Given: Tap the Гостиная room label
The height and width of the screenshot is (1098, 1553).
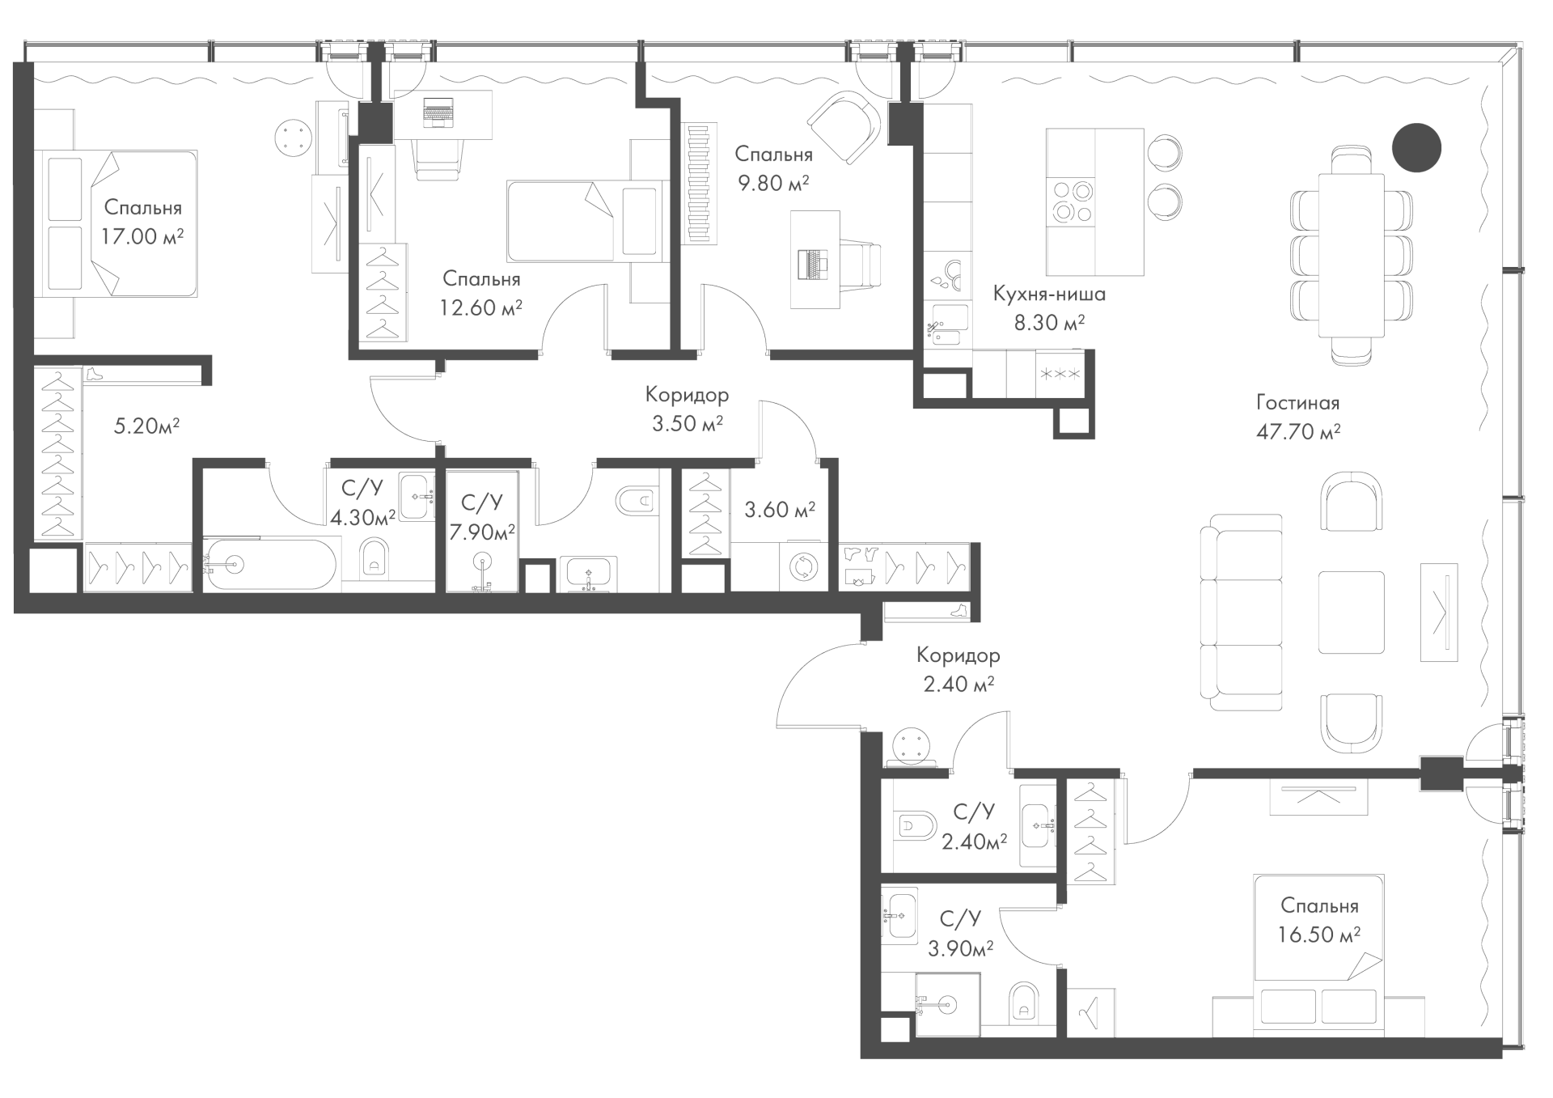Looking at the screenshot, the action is click(x=1298, y=402).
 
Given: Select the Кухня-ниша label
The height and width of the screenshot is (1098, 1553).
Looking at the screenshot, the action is click(x=1049, y=294).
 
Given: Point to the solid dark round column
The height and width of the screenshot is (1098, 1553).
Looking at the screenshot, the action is click(x=1416, y=147).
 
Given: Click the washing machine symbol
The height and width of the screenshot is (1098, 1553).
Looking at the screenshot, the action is click(x=802, y=566).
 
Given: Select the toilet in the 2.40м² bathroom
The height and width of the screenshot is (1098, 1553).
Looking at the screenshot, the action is click(x=916, y=828).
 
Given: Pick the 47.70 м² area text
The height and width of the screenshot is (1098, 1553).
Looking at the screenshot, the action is click(x=1298, y=431).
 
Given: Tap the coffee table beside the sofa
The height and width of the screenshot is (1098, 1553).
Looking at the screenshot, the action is click(x=1351, y=612).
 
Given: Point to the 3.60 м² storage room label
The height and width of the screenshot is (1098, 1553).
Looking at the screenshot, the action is click(x=780, y=510).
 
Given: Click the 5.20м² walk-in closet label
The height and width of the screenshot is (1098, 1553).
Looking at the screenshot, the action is click(x=146, y=426).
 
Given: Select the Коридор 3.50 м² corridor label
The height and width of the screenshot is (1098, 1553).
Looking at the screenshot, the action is click(x=687, y=409).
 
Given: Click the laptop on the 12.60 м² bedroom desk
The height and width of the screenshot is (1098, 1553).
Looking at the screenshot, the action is click(x=438, y=112).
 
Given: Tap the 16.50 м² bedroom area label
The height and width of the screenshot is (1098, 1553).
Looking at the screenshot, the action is click(x=1319, y=935).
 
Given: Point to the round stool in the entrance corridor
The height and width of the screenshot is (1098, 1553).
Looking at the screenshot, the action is click(x=914, y=747).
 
